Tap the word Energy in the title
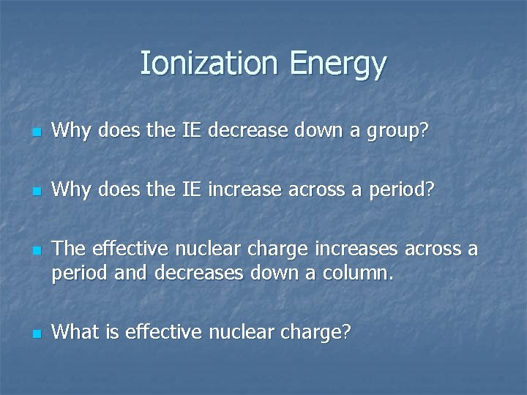[x=337, y=65]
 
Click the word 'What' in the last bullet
[x=74, y=332]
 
